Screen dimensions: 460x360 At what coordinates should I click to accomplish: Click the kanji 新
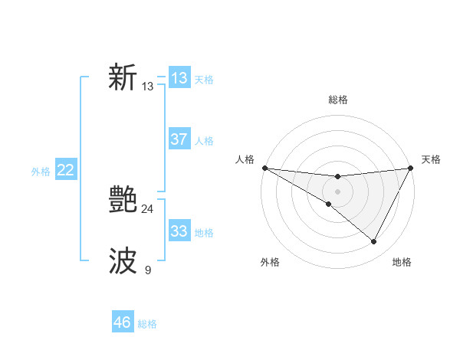click(x=123, y=78)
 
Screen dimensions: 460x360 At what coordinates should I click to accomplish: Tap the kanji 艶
click(x=123, y=201)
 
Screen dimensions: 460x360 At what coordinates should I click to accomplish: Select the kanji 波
click(x=123, y=261)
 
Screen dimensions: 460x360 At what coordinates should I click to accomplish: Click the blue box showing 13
click(x=179, y=78)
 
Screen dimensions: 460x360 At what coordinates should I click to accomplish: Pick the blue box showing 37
click(x=179, y=139)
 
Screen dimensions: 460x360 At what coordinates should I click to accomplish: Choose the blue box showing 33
click(x=179, y=231)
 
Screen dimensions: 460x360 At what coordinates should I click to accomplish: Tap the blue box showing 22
click(x=65, y=170)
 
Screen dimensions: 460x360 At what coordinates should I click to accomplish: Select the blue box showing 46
click(x=123, y=322)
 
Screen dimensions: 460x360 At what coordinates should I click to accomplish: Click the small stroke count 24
click(x=147, y=209)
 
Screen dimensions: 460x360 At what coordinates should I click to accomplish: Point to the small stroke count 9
click(x=147, y=270)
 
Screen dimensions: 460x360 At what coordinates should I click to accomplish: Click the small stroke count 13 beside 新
click(x=147, y=87)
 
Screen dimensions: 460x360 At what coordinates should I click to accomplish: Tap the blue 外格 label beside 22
click(x=41, y=172)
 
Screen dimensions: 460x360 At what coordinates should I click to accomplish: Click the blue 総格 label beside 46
click(x=147, y=324)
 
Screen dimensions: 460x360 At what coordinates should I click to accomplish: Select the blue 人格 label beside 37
click(x=204, y=141)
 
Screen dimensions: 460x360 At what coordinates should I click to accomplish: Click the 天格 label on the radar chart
click(x=431, y=159)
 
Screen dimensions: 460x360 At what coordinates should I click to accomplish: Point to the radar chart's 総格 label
click(x=337, y=100)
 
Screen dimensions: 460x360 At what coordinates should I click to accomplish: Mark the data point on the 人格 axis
click(x=264, y=168)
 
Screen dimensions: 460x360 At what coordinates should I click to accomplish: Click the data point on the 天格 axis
click(x=410, y=168)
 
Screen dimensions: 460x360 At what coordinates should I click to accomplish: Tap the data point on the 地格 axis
click(x=374, y=242)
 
